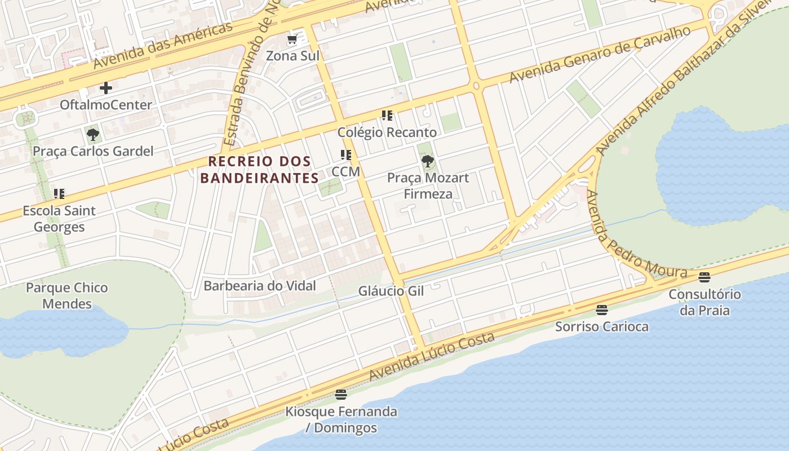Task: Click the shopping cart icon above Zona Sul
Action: [292, 39]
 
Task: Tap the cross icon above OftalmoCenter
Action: [106, 88]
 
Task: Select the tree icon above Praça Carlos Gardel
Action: [93, 135]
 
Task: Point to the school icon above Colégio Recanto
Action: [387, 116]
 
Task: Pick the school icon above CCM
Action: [345, 155]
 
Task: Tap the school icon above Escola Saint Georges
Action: [59, 194]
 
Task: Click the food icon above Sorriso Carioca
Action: [602, 309]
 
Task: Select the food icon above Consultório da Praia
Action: [704, 277]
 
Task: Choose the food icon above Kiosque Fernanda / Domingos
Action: [340, 395]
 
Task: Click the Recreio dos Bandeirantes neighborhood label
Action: [260, 170]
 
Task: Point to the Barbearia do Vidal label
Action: [259, 286]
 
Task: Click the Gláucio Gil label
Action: [391, 291]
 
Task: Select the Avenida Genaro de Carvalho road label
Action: [600, 55]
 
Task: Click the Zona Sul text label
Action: [292, 56]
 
